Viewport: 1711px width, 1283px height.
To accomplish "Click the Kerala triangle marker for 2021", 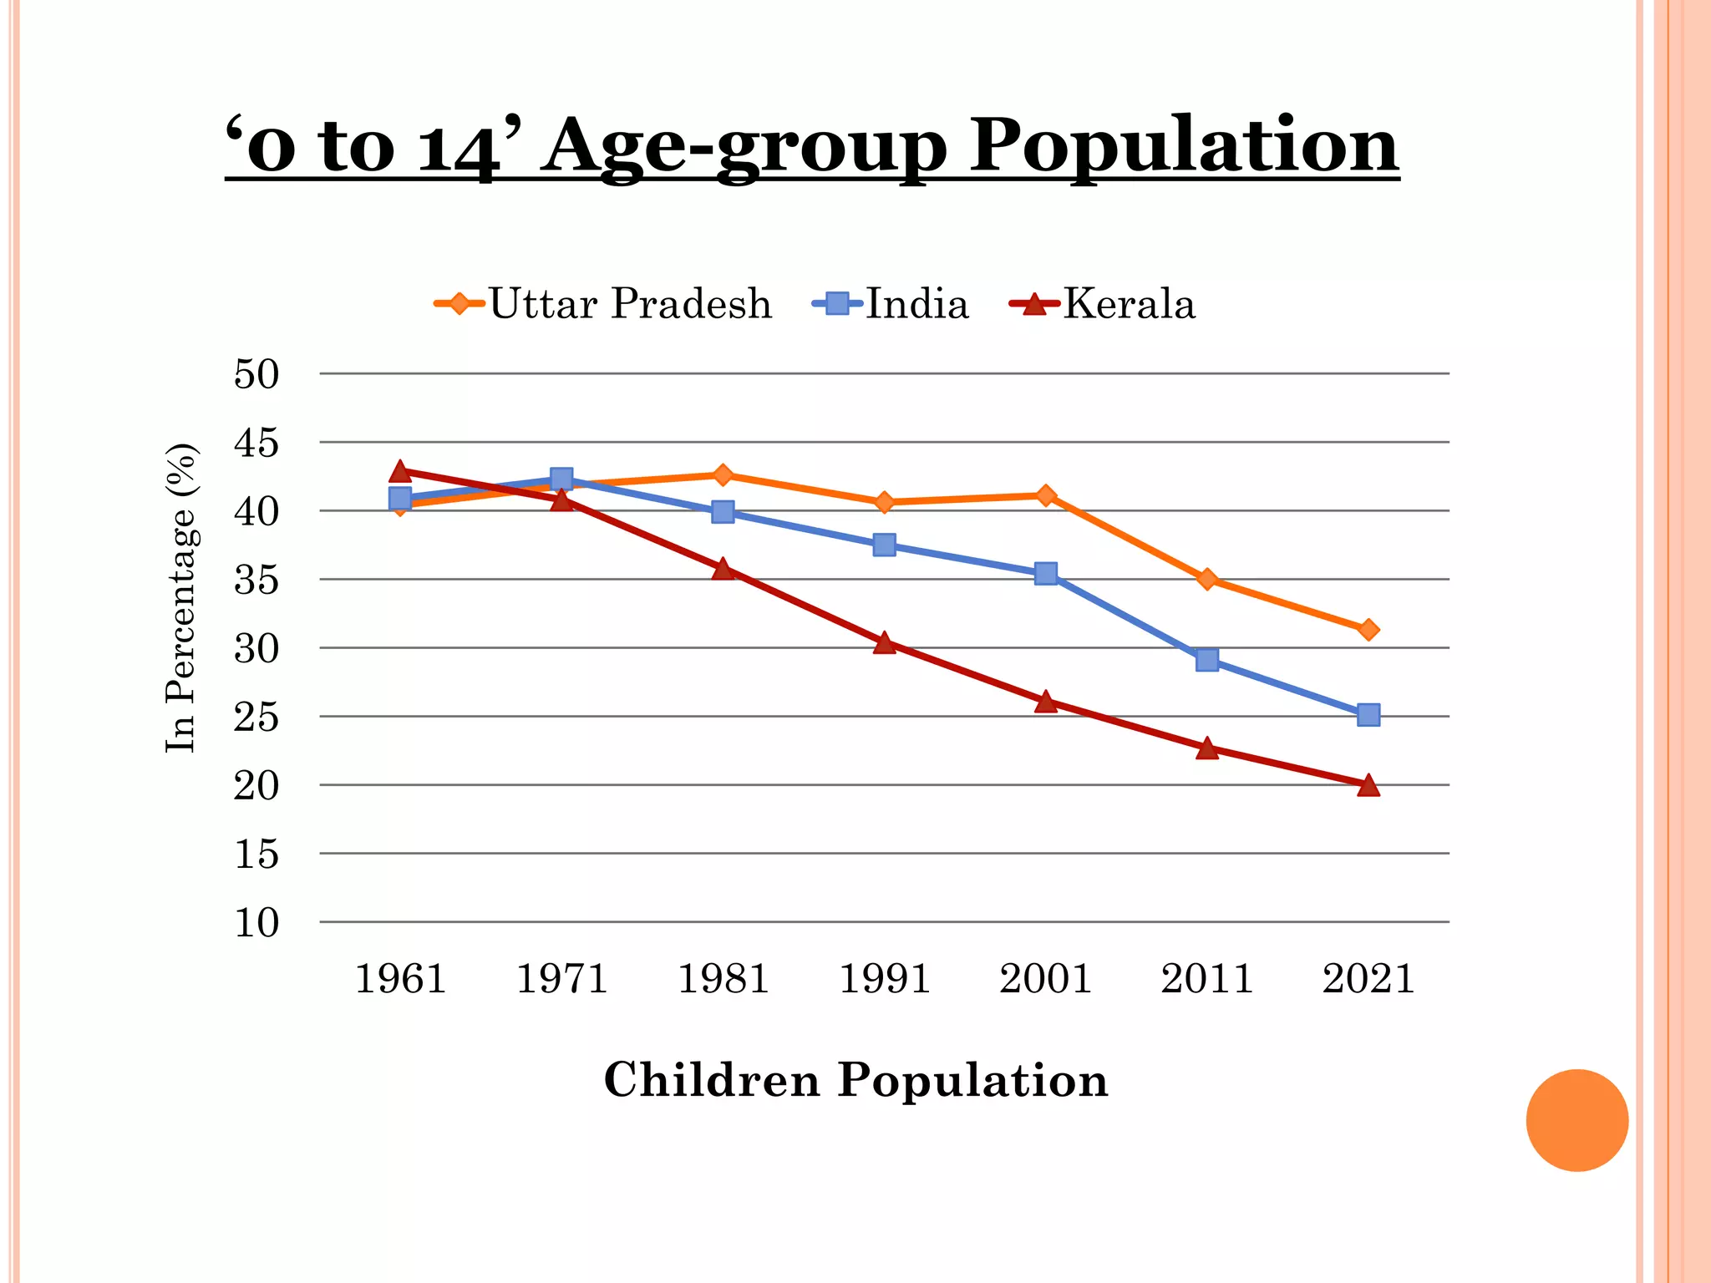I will [1368, 785].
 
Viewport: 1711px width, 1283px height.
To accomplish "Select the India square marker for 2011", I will [1206, 660].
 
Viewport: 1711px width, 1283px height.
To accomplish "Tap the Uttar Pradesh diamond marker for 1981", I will [723, 475].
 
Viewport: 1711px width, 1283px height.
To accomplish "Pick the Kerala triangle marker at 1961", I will [400, 471].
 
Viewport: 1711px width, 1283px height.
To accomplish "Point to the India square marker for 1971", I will [561, 479].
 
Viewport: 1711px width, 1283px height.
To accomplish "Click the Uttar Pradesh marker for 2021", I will [1368, 630].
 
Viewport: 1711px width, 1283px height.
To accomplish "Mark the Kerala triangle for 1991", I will [884, 642].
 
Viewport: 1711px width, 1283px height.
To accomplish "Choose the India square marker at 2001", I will [1045, 573].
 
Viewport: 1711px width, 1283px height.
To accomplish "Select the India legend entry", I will [891, 303].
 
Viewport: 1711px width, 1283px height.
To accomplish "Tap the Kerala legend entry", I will [1103, 303].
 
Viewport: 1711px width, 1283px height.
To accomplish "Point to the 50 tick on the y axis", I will [256, 374].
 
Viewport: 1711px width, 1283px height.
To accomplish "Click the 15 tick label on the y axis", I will [256, 854].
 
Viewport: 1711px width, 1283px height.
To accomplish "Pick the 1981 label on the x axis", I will [723, 979].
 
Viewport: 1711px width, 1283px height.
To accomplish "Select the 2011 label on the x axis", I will [1206, 979].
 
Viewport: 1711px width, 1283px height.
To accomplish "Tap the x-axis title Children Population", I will [855, 1079].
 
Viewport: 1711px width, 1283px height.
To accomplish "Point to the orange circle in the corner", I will [1576, 1120].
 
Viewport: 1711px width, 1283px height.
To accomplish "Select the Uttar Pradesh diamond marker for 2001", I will [1045, 495].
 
